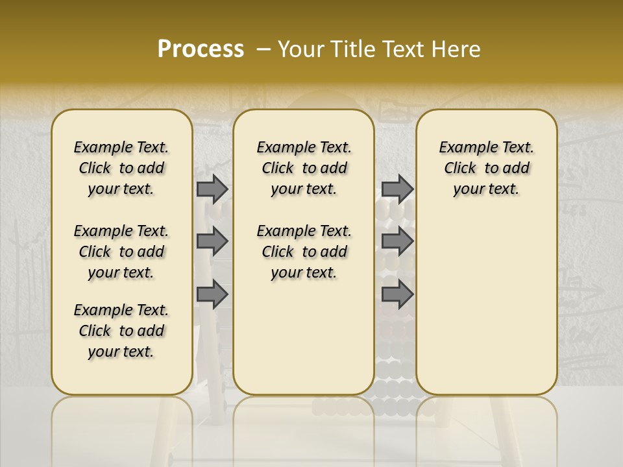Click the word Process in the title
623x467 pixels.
201,49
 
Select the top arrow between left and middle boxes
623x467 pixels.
212,189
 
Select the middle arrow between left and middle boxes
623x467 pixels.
212,241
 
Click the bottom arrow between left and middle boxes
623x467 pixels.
212,294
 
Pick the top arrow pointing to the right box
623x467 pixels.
397,189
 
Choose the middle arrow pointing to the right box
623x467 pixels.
397,241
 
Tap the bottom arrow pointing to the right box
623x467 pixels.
397,294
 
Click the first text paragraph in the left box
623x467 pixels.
121,168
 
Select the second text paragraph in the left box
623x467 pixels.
121,252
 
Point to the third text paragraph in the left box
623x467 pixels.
121,331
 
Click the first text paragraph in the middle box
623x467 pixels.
304,168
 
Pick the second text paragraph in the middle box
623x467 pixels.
304,252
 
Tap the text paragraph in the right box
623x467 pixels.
487,168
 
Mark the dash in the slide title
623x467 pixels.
263,49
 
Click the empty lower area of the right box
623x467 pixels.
487,305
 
